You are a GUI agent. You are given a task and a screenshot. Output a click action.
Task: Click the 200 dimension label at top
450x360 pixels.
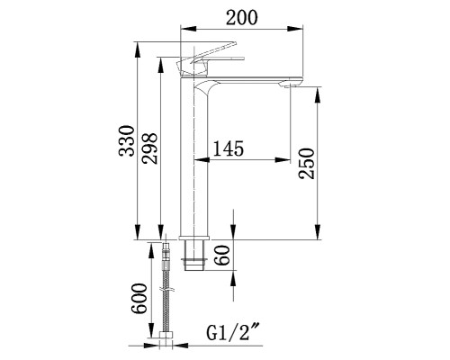click(242, 17)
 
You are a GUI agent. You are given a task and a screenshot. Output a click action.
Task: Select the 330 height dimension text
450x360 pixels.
click(127, 140)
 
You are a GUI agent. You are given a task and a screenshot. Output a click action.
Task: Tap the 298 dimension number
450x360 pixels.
click(150, 148)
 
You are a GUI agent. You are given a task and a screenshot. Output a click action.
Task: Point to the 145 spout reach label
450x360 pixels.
click(228, 148)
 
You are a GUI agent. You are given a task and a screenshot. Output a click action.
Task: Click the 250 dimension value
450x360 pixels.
click(307, 164)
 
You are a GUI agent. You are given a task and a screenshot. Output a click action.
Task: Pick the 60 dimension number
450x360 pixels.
click(223, 255)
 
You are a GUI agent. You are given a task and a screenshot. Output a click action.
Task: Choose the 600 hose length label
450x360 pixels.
click(139, 299)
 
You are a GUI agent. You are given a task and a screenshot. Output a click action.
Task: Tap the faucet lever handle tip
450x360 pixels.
click(235, 43)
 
